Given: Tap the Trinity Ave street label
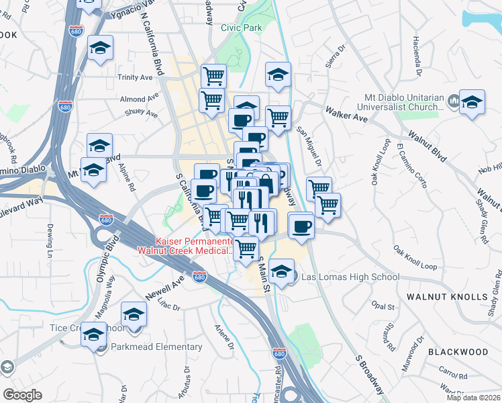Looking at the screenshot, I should pos(135,77).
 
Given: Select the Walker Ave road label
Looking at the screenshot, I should pos(346,113).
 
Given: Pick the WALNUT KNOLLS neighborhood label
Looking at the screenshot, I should pos(446,296).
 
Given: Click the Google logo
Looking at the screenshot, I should pos(22,395).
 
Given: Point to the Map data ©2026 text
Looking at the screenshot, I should pos(474,398).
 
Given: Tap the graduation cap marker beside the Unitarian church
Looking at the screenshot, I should pos(472,103).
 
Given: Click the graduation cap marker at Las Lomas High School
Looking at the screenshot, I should pos(283,272).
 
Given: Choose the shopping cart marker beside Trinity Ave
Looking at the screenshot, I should pos(213,77).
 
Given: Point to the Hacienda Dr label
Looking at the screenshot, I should pos(417,55).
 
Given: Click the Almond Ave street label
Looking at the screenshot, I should pos(133,99).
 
